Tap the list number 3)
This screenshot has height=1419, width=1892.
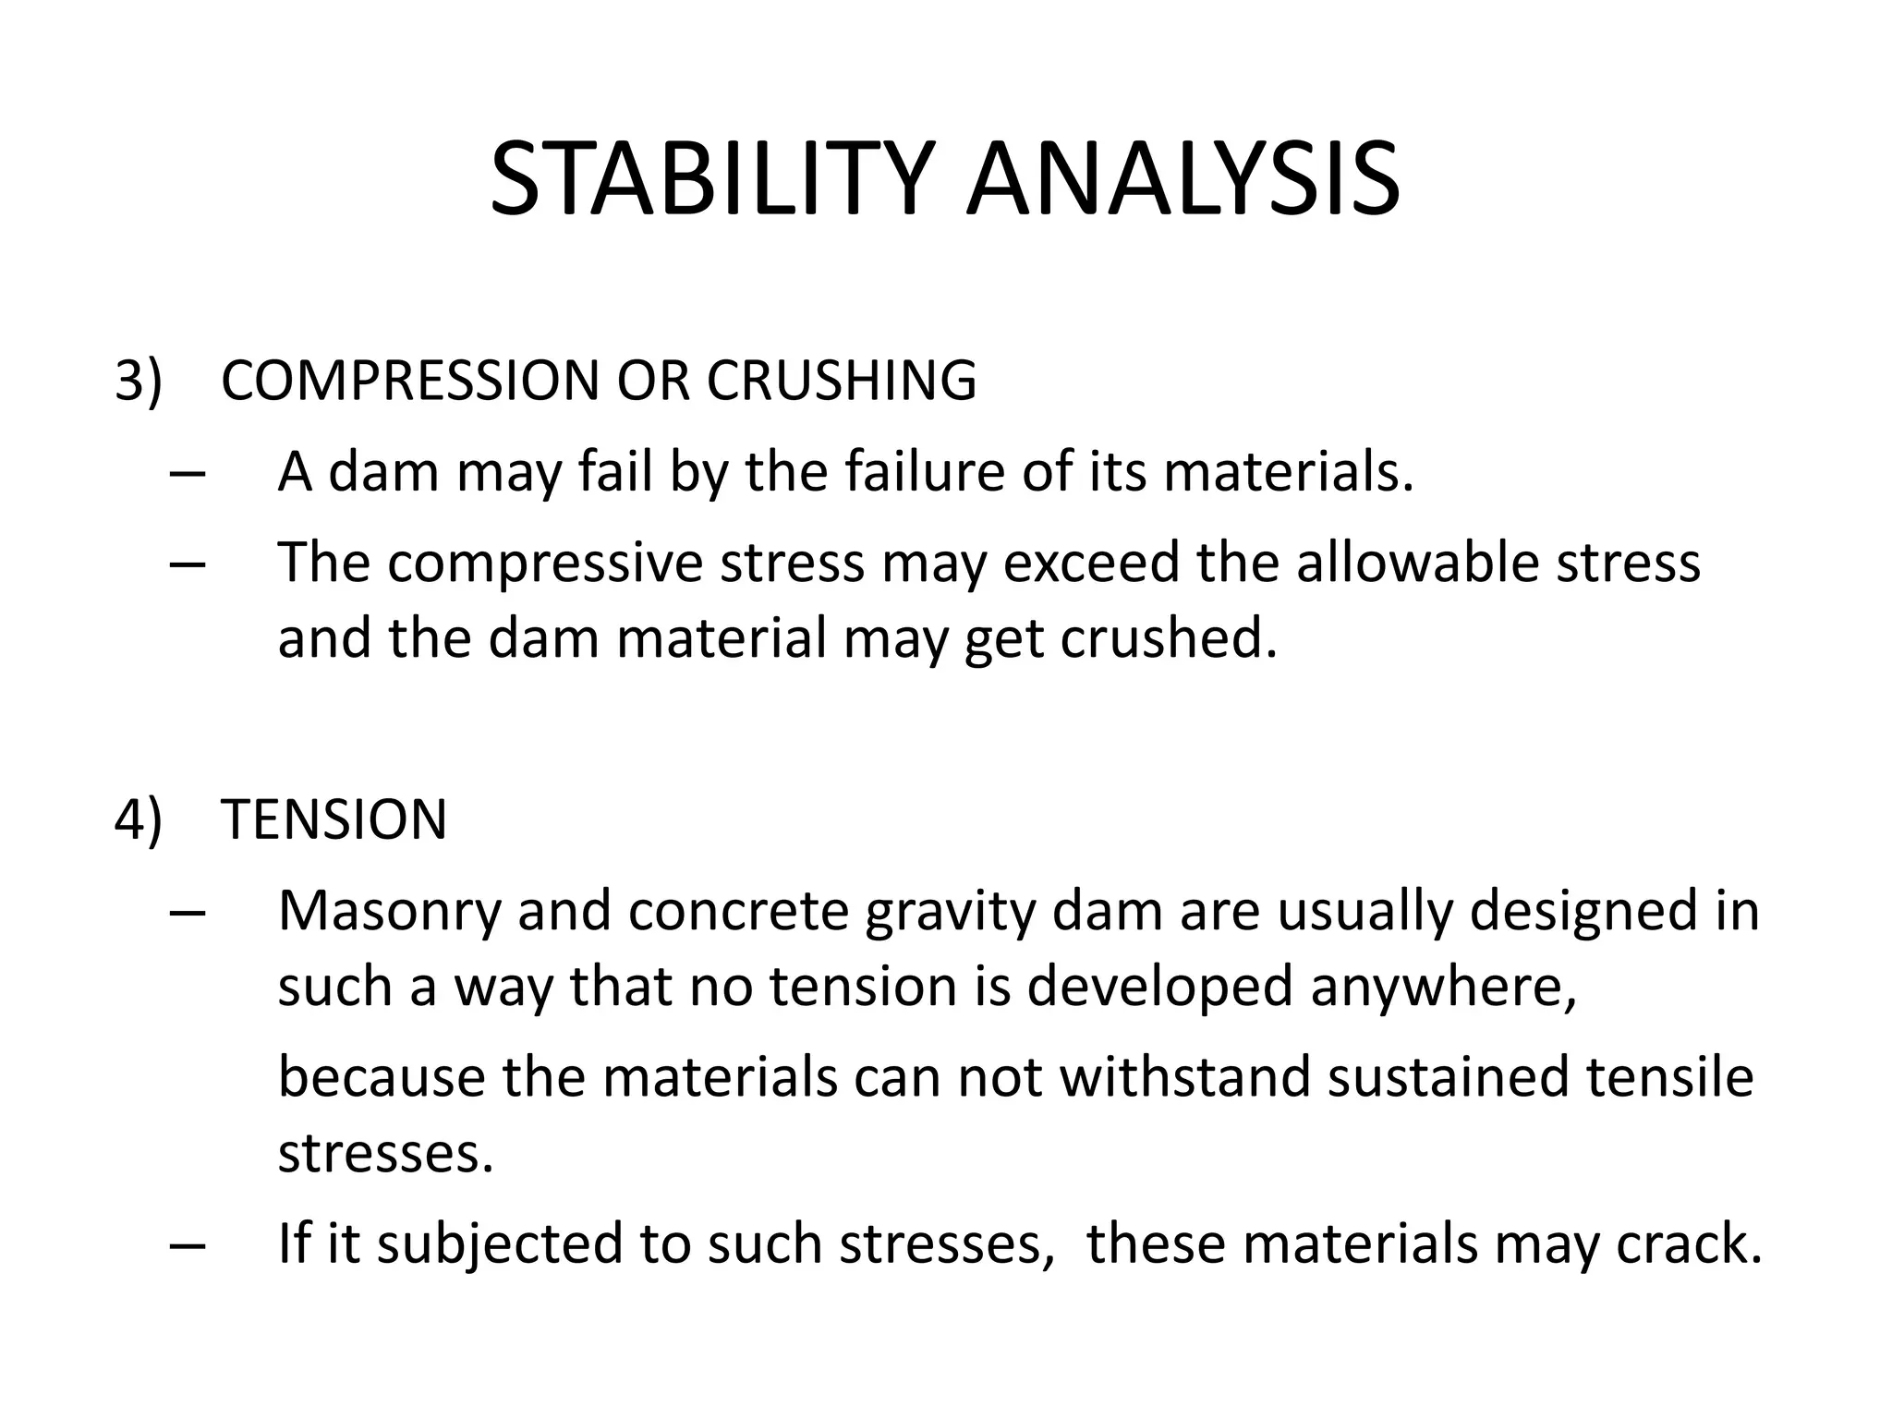(138, 380)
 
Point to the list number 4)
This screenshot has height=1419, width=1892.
(138, 819)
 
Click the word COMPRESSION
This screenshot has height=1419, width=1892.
(410, 380)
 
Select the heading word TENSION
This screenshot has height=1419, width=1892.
(334, 819)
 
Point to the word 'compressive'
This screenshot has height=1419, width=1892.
(545, 563)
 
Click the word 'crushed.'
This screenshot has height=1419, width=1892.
(1169, 638)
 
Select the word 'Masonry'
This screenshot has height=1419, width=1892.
(389, 912)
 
